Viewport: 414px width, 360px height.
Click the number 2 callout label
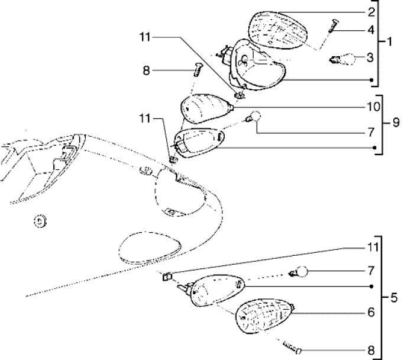371,12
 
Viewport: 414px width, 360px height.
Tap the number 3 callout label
370,57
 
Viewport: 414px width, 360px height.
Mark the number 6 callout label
370,311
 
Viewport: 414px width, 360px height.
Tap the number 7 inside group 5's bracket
370,271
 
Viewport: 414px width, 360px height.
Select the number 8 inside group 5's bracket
370,349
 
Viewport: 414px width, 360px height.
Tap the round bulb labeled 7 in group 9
255,117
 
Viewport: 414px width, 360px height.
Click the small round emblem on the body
40,221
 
